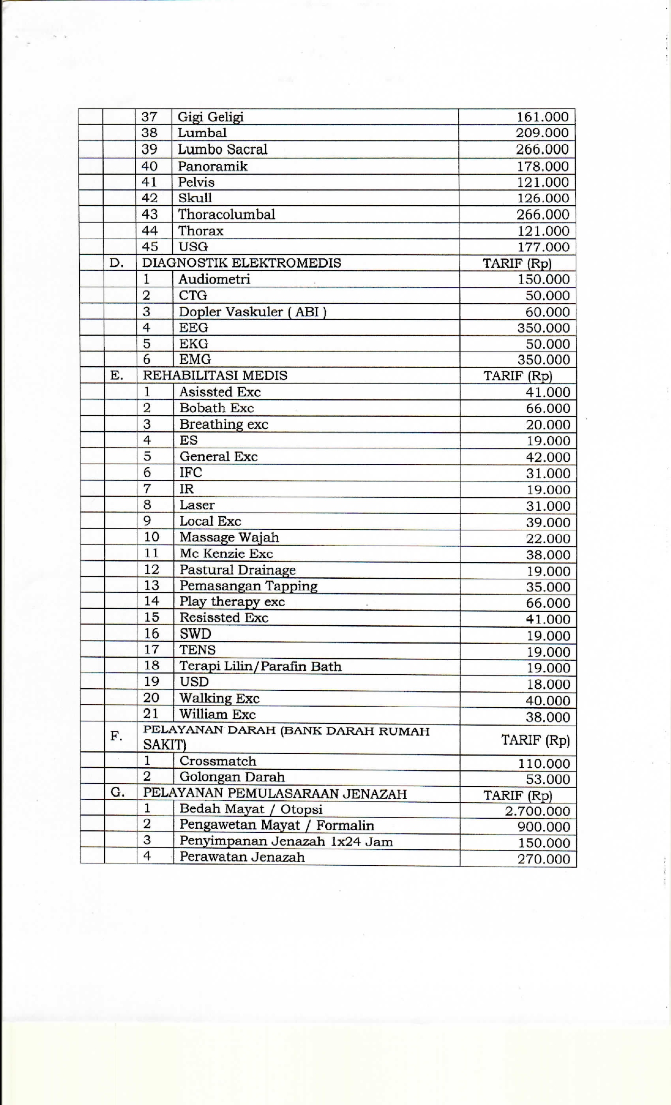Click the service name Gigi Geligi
point(211,117)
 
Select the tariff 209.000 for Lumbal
point(542,133)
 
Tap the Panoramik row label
point(213,166)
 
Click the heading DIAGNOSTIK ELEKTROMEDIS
point(242,263)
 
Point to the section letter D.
point(117,263)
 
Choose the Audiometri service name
point(214,279)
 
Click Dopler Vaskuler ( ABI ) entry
point(253,312)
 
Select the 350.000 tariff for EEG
point(543,328)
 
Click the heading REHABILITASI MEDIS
point(215,376)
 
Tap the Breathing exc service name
point(224,425)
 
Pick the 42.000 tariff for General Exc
point(548,457)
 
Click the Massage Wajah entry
point(229,538)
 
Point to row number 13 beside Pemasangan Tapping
point(152,586)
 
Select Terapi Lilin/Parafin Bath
point(261,667)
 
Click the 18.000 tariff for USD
point(548,685)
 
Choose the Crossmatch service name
point(218,761)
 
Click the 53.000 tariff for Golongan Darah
point(548,779)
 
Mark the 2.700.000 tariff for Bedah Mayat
point(537,811)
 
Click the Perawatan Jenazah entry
point(242,857)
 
